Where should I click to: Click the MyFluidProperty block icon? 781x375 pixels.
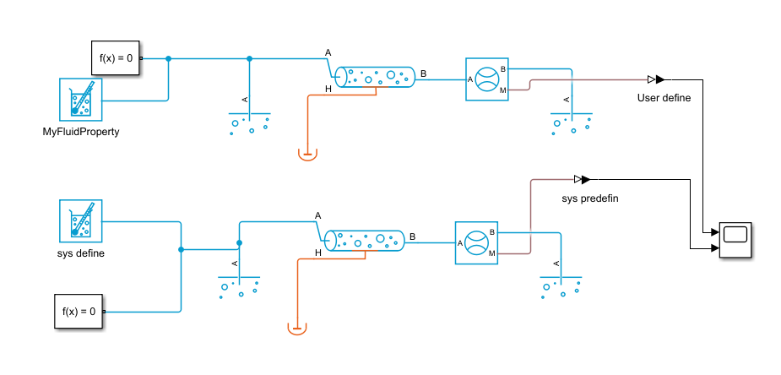tap(81, 100)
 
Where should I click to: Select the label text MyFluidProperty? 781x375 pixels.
tap(81, 133)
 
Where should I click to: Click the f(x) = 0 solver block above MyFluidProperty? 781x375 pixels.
tap(115, 57)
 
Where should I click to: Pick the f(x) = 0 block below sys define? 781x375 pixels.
tap(79, 312)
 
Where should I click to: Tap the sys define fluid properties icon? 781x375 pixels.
tap(81, 221)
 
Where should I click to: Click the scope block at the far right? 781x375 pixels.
tap(735, 240)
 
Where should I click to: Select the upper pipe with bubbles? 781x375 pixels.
tap(375, 77)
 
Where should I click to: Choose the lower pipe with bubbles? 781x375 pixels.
tap(364, 241)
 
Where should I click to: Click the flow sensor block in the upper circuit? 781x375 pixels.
tap(486, 79)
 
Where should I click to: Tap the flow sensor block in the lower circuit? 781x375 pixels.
tap(476, 243)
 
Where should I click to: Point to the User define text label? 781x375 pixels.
tap(664, 98)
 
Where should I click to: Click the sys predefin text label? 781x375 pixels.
tap(590, 198)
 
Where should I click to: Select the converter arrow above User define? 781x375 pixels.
tap(656, 79)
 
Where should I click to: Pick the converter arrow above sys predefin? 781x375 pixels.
tap(583, 179)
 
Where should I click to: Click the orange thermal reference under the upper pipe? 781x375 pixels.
tap(307, 154)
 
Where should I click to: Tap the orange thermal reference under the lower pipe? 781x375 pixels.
tap(297, 329)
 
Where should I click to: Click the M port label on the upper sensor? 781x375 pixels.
tap(502, 90)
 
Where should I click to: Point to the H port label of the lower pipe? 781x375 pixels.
tap(317, 253)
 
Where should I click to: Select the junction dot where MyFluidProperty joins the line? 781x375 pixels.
tap(168, 58)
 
